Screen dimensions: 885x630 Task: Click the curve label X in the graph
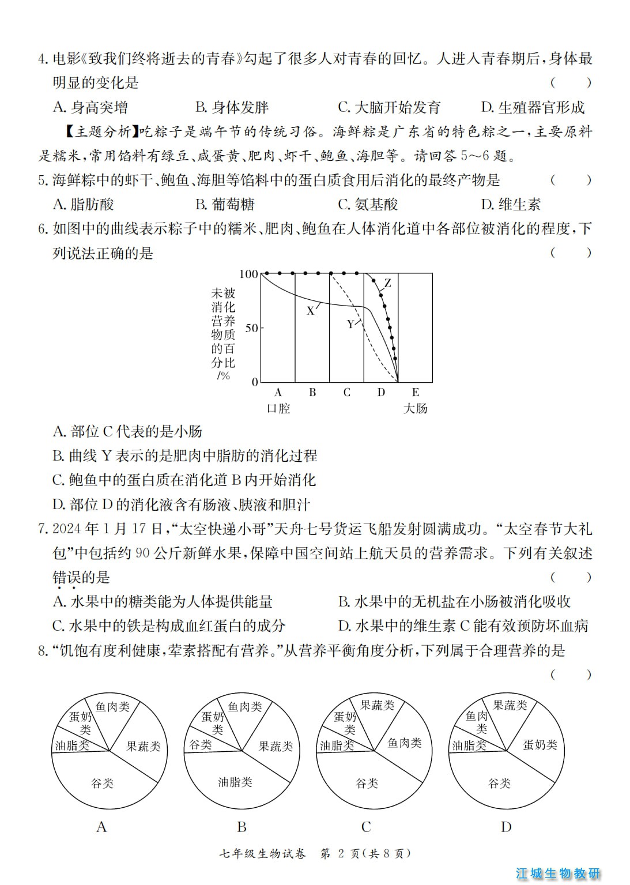(310, 311)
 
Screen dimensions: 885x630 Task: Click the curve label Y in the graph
(350, 325)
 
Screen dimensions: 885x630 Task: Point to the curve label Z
(388, 283)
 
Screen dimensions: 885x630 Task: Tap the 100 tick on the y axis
(248, 274)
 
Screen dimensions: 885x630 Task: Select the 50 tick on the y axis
(252, 328)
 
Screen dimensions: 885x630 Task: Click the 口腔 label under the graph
(278, 409)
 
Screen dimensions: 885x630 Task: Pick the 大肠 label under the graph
(415, 409)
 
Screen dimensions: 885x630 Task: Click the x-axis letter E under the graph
(416, 393)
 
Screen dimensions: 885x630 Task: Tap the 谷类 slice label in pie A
(103, 784)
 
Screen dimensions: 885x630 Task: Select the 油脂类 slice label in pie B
(235, 782)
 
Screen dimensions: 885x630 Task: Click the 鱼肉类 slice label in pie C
(404, 744)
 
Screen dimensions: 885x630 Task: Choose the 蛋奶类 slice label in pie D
(540, 745)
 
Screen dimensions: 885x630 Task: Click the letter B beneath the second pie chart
(242, 827)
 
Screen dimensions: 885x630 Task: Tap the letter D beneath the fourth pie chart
(506, 827)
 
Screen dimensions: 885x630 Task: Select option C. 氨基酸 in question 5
(368, 205)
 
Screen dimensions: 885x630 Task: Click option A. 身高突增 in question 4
(90, 108)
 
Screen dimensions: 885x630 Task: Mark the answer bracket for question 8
(571, 675)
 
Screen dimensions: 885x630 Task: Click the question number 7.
(42, 529)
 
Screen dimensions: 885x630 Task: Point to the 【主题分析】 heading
(100, 132)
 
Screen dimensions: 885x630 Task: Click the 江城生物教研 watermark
(558, 873)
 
